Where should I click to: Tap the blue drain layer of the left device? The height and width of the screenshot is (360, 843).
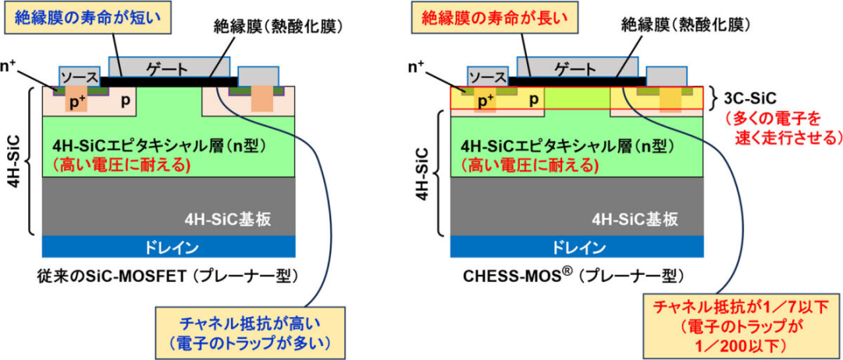click(168, 247)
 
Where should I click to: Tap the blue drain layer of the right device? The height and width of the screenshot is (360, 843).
click(578, 247)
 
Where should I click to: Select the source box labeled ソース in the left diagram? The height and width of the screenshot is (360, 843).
click(80, 78)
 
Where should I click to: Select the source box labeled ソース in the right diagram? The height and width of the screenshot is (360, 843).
click(487, 78)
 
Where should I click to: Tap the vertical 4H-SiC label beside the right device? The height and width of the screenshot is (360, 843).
click(427, 172)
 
